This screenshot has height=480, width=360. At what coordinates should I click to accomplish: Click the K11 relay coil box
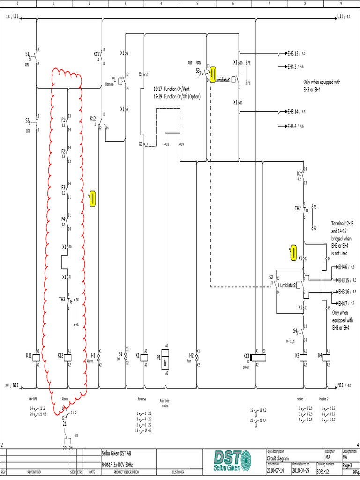coord(37,356)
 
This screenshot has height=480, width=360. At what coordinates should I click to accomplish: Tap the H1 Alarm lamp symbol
coord(98,357)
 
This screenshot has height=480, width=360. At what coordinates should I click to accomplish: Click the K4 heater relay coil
coord(327,356)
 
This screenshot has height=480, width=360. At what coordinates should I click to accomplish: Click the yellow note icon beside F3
coord(92,198)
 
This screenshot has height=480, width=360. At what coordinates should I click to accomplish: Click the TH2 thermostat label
coord(298,208)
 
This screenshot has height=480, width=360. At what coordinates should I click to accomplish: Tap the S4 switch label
coord(296,330)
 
